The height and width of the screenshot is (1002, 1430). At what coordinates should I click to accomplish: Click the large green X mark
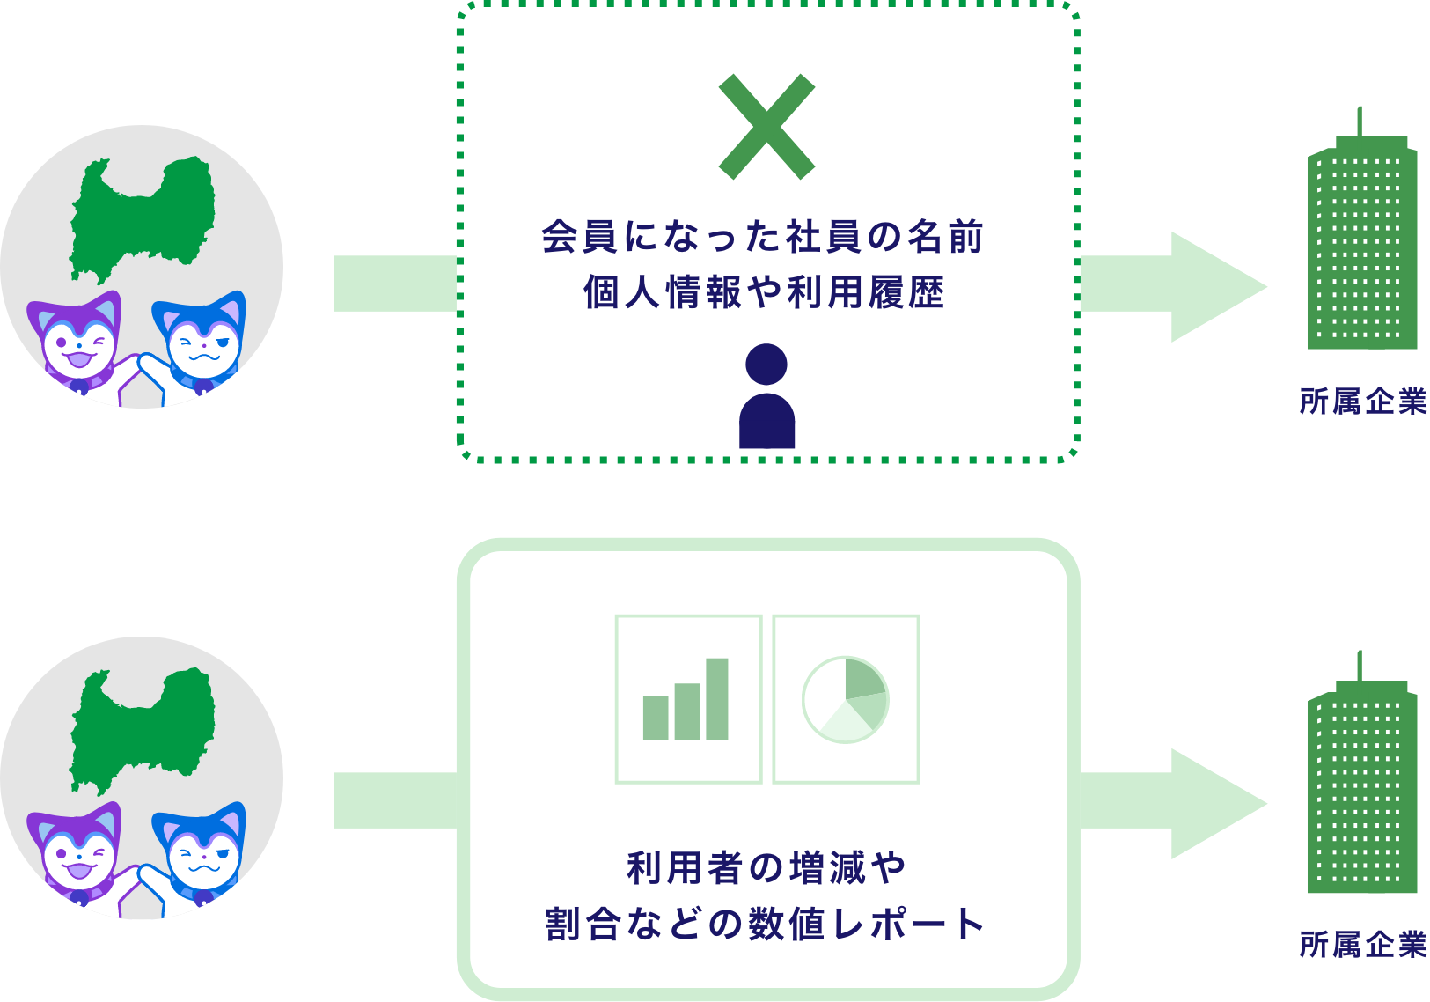point(766,127)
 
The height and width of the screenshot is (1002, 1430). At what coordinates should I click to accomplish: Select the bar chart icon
point(687,699)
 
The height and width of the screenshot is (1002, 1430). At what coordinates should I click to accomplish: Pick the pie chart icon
point(846,699)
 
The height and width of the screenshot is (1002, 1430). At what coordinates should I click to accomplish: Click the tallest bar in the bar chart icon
point(717,699)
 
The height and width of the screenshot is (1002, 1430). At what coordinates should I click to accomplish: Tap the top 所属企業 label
point(1363,402)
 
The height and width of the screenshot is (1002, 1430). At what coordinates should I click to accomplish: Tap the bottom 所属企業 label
point(1363,945)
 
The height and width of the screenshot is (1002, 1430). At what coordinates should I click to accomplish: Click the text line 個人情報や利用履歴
point(764,292)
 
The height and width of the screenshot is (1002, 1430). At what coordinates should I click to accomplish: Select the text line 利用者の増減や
point(766,868)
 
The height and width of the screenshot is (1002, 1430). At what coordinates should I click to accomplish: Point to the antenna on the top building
point(1360,122)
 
